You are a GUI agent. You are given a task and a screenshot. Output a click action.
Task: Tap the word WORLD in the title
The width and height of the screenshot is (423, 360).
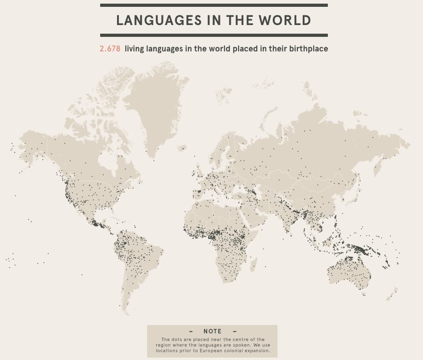285,20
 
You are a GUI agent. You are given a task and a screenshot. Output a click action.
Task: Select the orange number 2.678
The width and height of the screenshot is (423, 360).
110,49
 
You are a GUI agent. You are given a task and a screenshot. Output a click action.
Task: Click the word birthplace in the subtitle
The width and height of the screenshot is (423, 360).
308,49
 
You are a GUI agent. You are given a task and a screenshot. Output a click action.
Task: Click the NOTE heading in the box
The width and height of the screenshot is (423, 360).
212,331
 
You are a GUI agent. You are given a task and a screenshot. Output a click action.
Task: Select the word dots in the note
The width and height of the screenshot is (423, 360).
177,340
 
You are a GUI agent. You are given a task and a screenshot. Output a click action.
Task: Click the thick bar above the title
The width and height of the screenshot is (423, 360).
214,5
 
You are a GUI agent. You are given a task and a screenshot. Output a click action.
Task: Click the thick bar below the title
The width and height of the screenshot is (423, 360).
214,35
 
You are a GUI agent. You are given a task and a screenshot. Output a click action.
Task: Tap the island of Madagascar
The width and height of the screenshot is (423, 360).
253,264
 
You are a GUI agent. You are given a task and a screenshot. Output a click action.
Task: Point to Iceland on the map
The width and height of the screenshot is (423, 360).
182,148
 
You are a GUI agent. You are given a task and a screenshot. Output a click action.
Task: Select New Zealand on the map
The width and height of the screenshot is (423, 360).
392,294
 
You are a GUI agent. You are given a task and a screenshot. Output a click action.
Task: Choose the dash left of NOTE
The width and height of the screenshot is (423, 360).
191,331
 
